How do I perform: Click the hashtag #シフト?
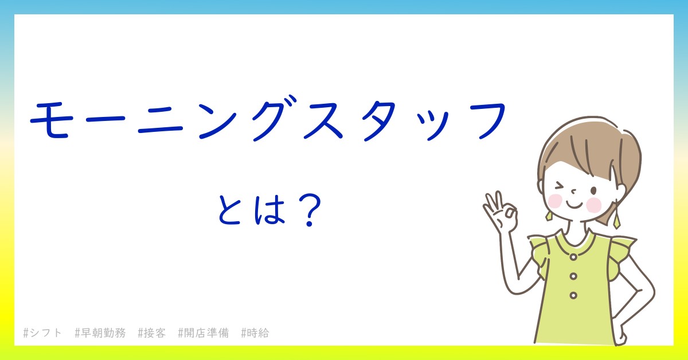click(42, 333)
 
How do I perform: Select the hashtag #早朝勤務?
click(100, 333)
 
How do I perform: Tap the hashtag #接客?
click(152, 333)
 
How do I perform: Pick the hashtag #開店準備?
click(204, 333)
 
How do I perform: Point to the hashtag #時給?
click(255, 333)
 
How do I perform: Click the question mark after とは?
click(310, 210)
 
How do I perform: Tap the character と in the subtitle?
click(229, 209)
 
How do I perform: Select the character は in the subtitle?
click(269, 209)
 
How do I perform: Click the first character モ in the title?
click(51, 120)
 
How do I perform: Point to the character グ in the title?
click(274, 119)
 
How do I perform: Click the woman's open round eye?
click(593, 191)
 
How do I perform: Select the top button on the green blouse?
click(573, 257)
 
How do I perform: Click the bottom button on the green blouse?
click(573, 295)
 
